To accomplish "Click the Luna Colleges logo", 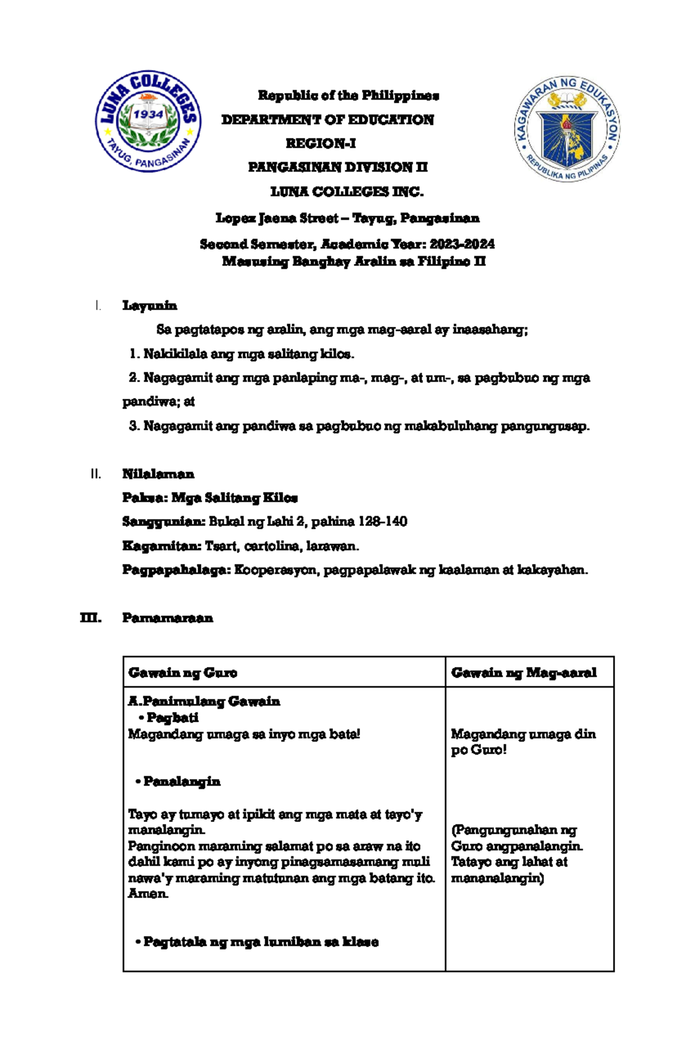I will click(148, 122).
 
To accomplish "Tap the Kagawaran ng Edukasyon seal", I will click(567, 129).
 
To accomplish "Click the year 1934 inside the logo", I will click(149, 115).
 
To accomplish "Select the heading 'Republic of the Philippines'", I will click(348, 95).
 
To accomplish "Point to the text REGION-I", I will click(320, 143).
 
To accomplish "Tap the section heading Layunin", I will click(149, 305).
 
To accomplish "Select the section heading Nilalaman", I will click(158, 474).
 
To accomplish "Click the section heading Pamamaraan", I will click(167, 618).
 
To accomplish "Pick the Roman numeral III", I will click(90, 618).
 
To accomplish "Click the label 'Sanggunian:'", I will click(163, 521).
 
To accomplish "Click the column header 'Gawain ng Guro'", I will click(182, 673).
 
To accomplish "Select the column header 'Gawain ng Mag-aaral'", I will click(524, 673).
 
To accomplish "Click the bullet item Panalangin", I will click(181, 781).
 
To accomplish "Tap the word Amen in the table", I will click(148, 894).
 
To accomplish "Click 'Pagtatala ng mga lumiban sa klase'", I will click(261, 942).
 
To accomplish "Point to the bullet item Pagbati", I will click(172, 718).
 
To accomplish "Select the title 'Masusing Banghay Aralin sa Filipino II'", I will click(353, 262).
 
